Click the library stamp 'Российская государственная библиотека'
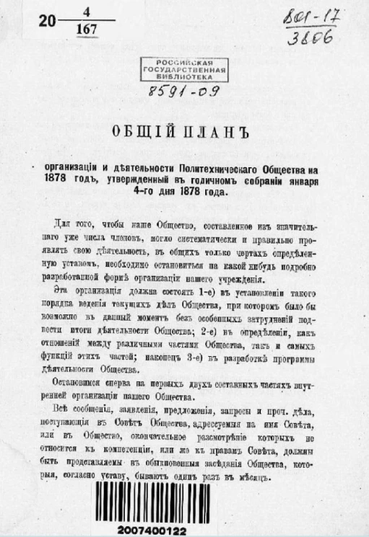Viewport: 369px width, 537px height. (183, 69)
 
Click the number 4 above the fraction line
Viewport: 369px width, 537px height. (84, 12)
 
